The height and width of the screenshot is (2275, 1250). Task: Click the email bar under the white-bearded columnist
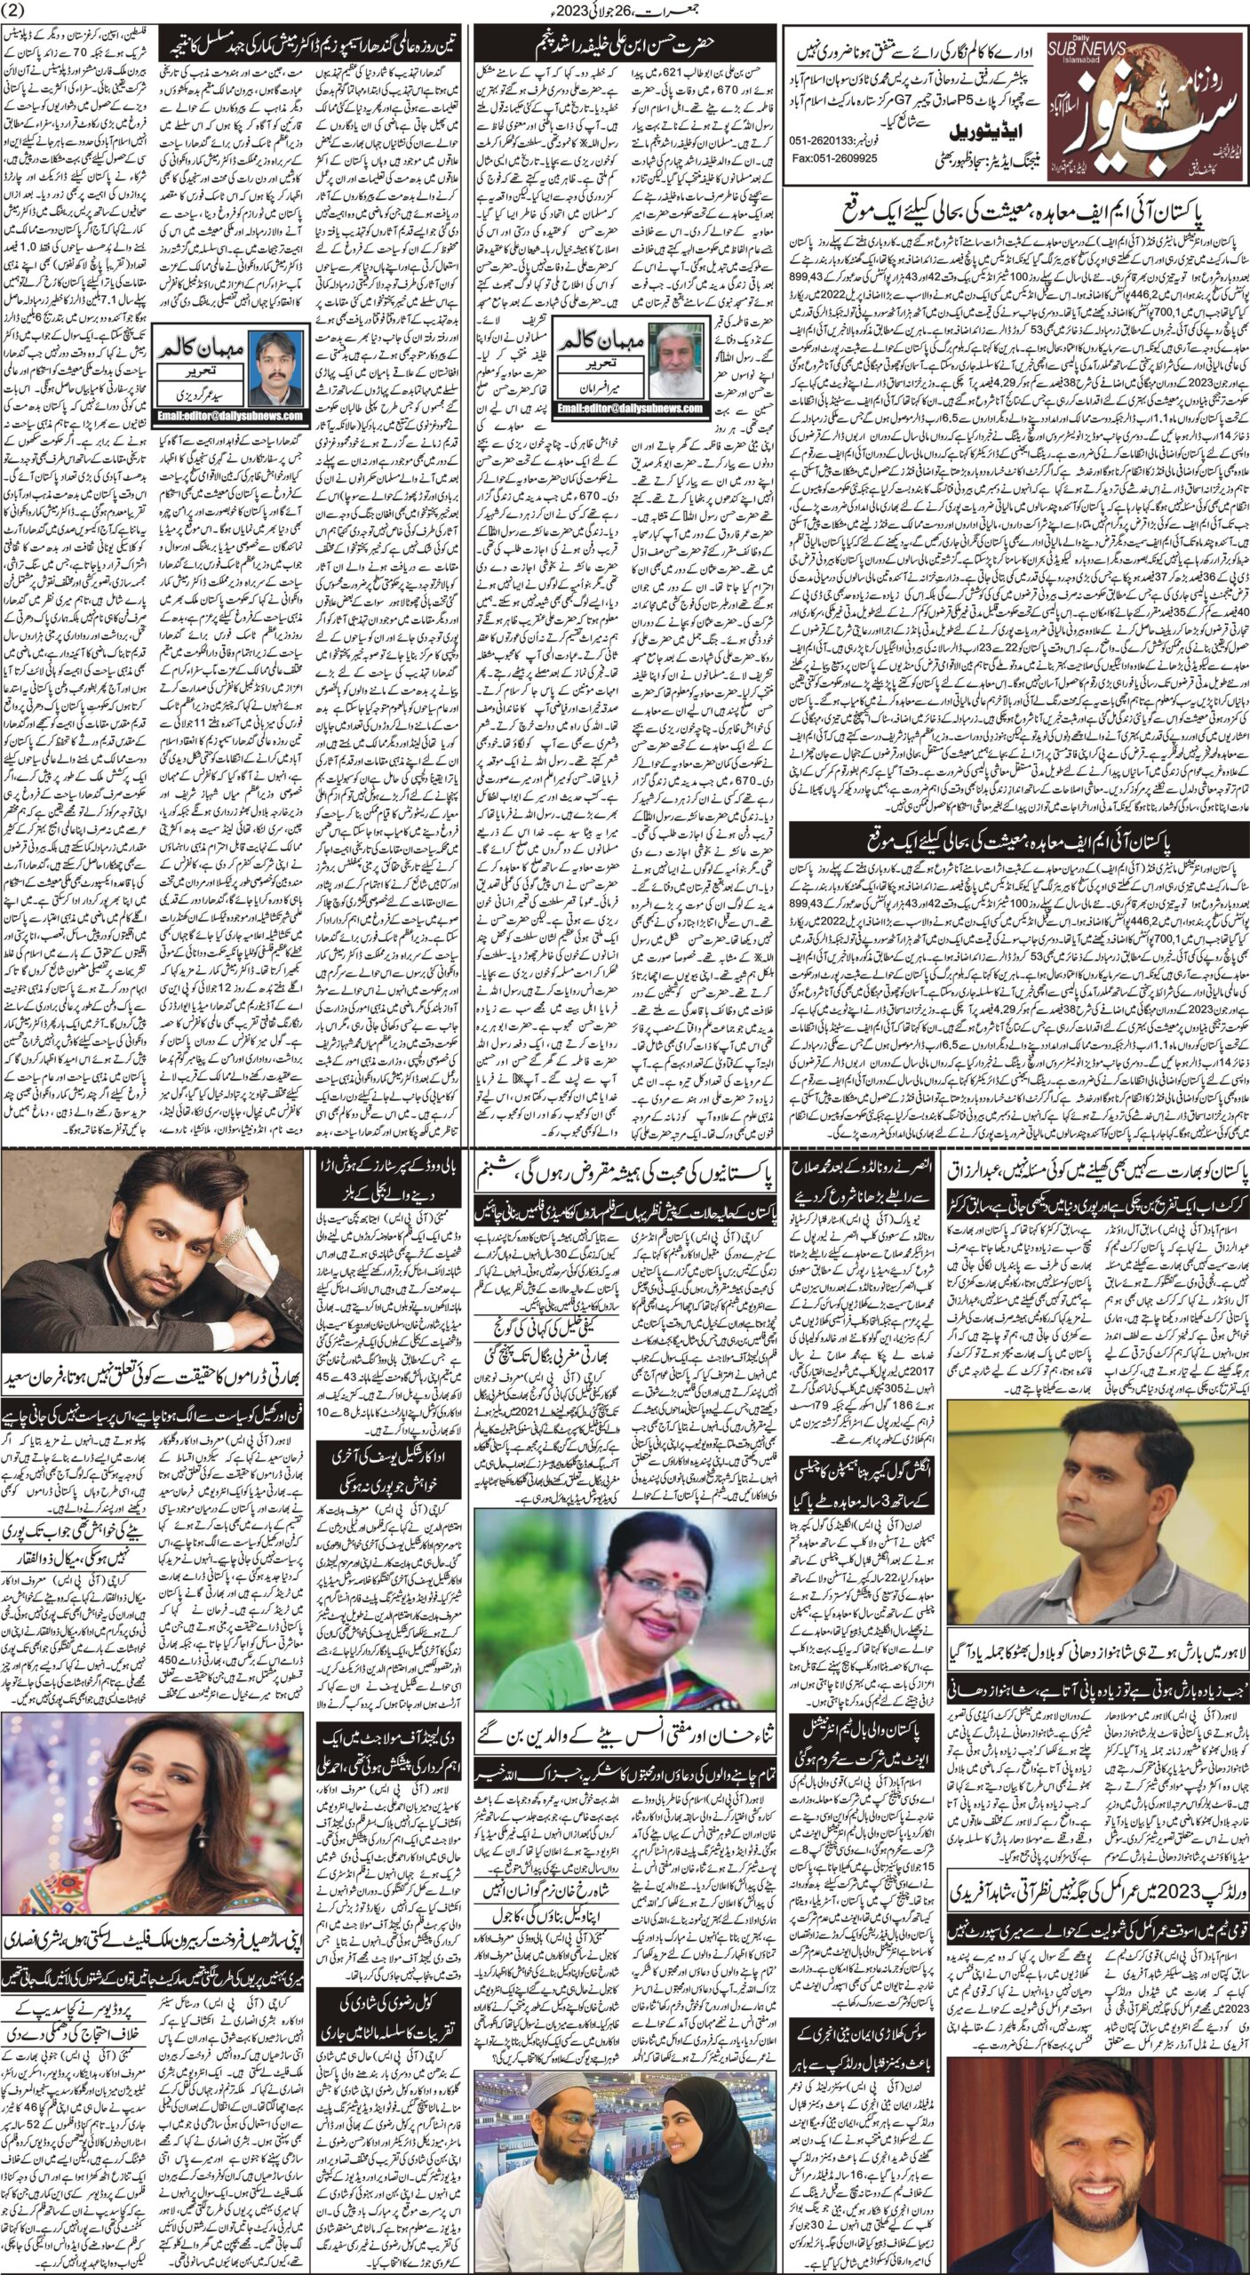click(x=631, y=406)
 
